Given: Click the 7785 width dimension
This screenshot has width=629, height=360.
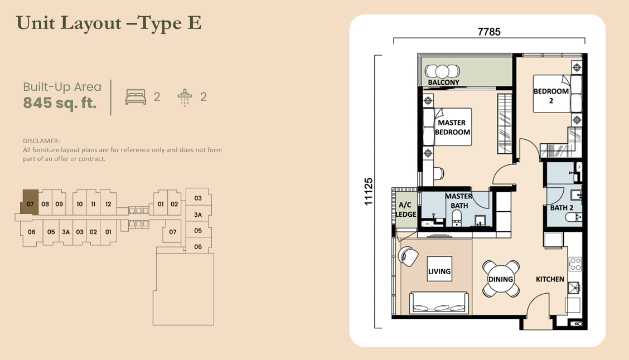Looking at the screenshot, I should [x=489, y=32].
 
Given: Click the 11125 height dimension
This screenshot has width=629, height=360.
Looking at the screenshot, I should [x=369, y=192].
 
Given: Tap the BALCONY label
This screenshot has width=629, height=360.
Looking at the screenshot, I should [x=443, y=82].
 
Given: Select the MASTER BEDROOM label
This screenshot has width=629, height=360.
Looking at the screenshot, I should [x=452, y=128].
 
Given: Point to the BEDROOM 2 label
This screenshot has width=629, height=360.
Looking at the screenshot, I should [x=551, y=96].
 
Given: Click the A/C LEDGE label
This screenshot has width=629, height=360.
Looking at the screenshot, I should [x=405, y=209].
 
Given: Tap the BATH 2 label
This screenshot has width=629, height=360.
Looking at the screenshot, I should [x=562, y=208].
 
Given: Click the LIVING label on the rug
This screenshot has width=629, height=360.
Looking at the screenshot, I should [x=439, y=271].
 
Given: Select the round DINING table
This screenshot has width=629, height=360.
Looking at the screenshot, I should [x=501, y=279].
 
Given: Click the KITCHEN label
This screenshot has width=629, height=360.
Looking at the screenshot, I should [x=550, y=279].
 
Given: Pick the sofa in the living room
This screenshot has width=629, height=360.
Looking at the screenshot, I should [x=438, y=304].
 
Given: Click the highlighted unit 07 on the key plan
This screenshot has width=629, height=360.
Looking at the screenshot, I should [x=30, y=204].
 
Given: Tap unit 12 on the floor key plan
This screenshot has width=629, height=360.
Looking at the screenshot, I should [x=108, y=204].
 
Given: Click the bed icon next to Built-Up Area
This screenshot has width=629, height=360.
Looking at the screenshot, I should [x=136, y=97].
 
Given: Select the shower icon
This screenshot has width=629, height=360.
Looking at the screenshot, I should [x=185, y=97].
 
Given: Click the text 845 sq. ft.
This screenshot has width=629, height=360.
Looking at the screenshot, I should [x=60, y=103].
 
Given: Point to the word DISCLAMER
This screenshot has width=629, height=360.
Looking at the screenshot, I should [x=41, y=142].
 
